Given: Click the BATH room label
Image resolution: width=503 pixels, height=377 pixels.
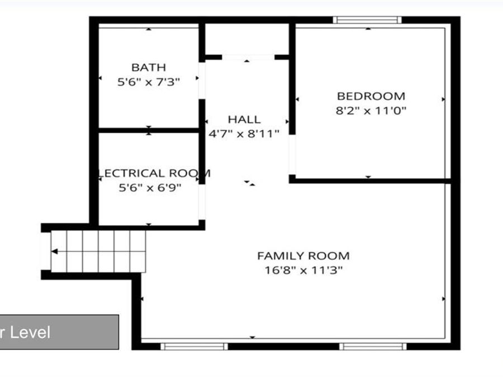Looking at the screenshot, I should tap(149, 68).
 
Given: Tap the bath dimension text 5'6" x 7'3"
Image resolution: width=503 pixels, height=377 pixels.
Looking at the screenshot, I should tap(149, 82).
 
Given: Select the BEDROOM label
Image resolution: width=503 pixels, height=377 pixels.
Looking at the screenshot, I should tap(371, 96).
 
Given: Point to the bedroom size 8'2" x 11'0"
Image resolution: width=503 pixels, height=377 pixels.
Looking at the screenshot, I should tap(371, 111).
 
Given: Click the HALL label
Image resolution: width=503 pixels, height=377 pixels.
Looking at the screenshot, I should tap(244, 119).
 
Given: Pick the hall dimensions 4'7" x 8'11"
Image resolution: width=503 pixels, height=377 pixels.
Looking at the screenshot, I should tap(244, 133).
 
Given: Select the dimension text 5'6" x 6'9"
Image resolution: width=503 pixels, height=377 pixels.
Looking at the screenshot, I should tap(150, 188).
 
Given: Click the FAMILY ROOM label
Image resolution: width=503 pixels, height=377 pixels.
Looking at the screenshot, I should tap(303, 256).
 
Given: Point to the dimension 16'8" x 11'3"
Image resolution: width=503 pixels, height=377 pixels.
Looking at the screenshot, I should tap(303, 270).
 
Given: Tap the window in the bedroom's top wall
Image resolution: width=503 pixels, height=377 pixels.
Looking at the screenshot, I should tap(367, 20).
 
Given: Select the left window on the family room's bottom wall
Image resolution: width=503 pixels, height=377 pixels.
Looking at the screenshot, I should tap(194, 346).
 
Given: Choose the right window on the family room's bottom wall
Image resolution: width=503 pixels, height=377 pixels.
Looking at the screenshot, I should tap(373, 346).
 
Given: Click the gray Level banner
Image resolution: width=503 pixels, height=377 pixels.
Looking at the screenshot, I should tap(59, 332).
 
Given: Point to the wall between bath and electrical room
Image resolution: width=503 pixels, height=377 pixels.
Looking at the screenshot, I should tap(149, 130).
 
